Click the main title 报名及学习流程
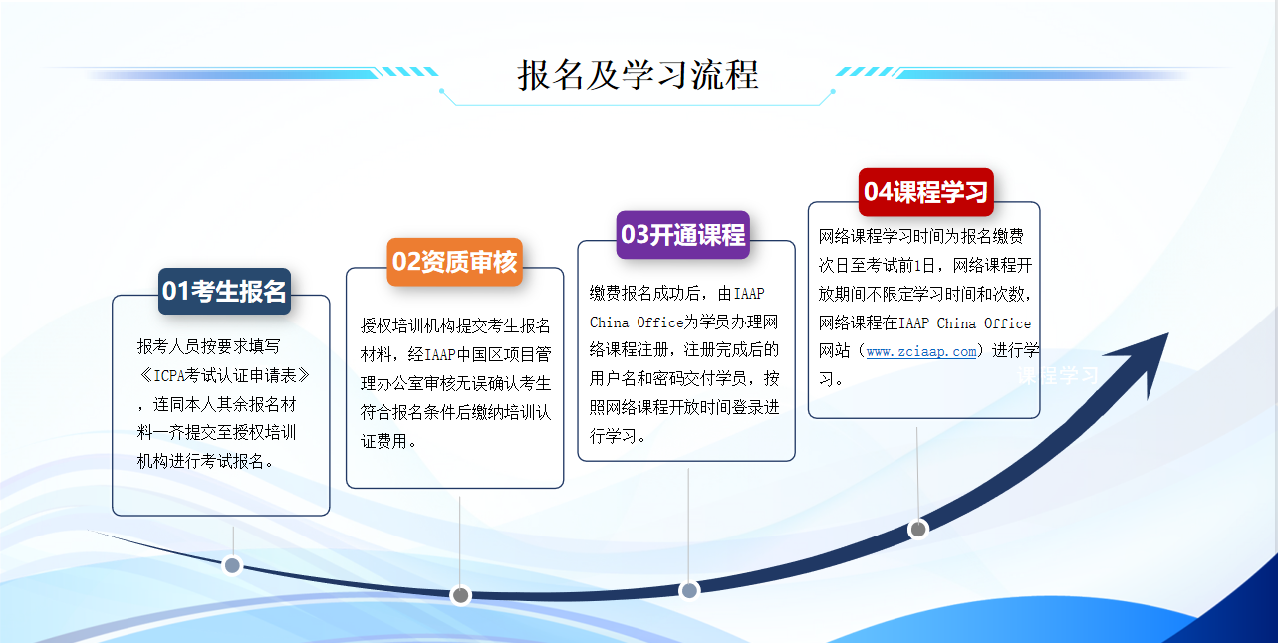point(638,75)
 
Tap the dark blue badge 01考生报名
point(224,291)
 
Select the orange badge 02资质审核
point(454,262)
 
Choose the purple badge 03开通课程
point(683,235)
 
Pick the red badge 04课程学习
point(926,191)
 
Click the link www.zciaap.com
point(920,352)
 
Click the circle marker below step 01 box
point(232,565)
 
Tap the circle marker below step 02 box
point(460,595)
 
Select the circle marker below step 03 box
point(689,590)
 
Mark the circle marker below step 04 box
point(918,529)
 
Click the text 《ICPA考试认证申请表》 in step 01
point(224,375)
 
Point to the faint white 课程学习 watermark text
point(1058,375)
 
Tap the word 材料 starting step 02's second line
point(376,354)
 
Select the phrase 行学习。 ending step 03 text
point(618,436)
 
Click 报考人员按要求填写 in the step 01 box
point(209,346)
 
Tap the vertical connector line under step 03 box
point(688,524)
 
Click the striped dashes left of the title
point(409,72)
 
